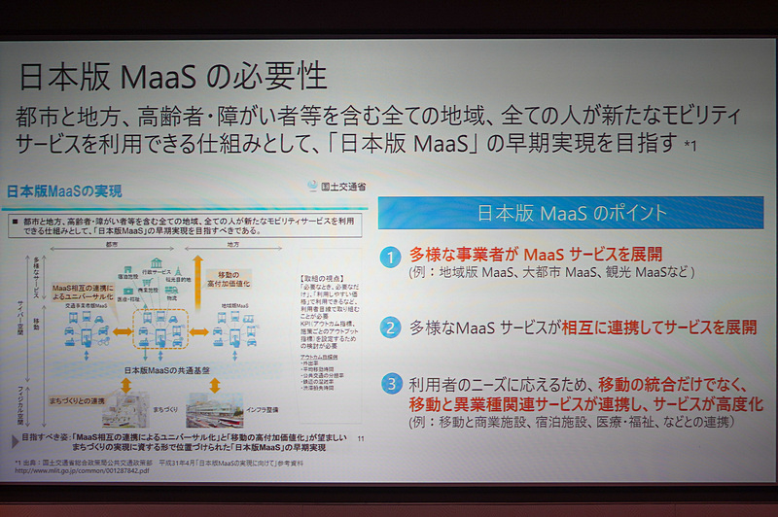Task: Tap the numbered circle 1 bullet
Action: pyautogui.click(x=390, y=257)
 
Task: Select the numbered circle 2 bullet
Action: pyautogui.click(x=390, y=327)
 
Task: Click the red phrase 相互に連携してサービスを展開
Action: pyautogui.click(x=659, y=327)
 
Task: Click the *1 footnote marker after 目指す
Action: pyautogui.click(x=690, y=147)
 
